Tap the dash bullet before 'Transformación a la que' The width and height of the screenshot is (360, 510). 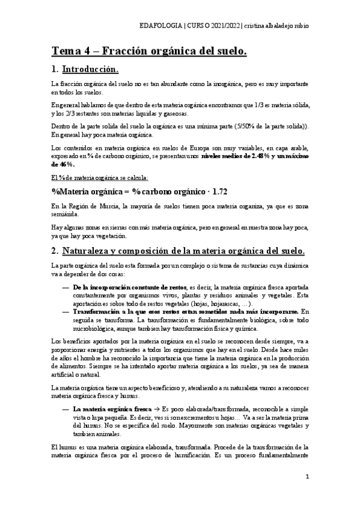tap(64, 312)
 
